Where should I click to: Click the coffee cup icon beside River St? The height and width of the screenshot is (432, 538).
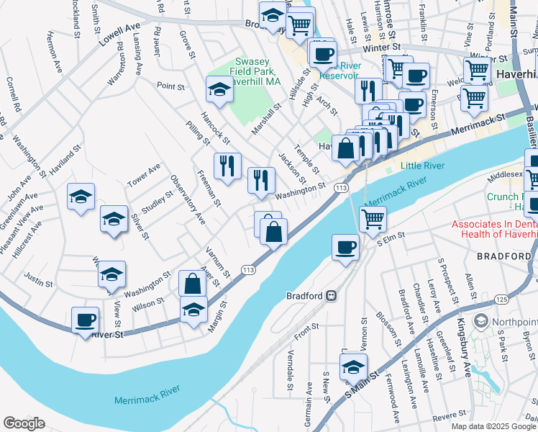point(85,320)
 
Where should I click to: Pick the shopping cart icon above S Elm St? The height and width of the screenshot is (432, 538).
point(373,218)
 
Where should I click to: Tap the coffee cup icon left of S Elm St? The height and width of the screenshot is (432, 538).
point(345,247)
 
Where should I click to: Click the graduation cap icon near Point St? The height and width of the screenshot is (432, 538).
point(219,89)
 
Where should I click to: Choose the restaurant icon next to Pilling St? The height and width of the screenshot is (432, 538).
point(227,166)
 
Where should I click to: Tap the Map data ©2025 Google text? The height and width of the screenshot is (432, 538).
point(493,426)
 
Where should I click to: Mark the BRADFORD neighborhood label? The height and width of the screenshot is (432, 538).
point(504,256)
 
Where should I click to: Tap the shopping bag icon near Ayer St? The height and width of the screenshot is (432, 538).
point(192,283)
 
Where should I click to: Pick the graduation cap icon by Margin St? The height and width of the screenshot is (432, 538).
point(192,310)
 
